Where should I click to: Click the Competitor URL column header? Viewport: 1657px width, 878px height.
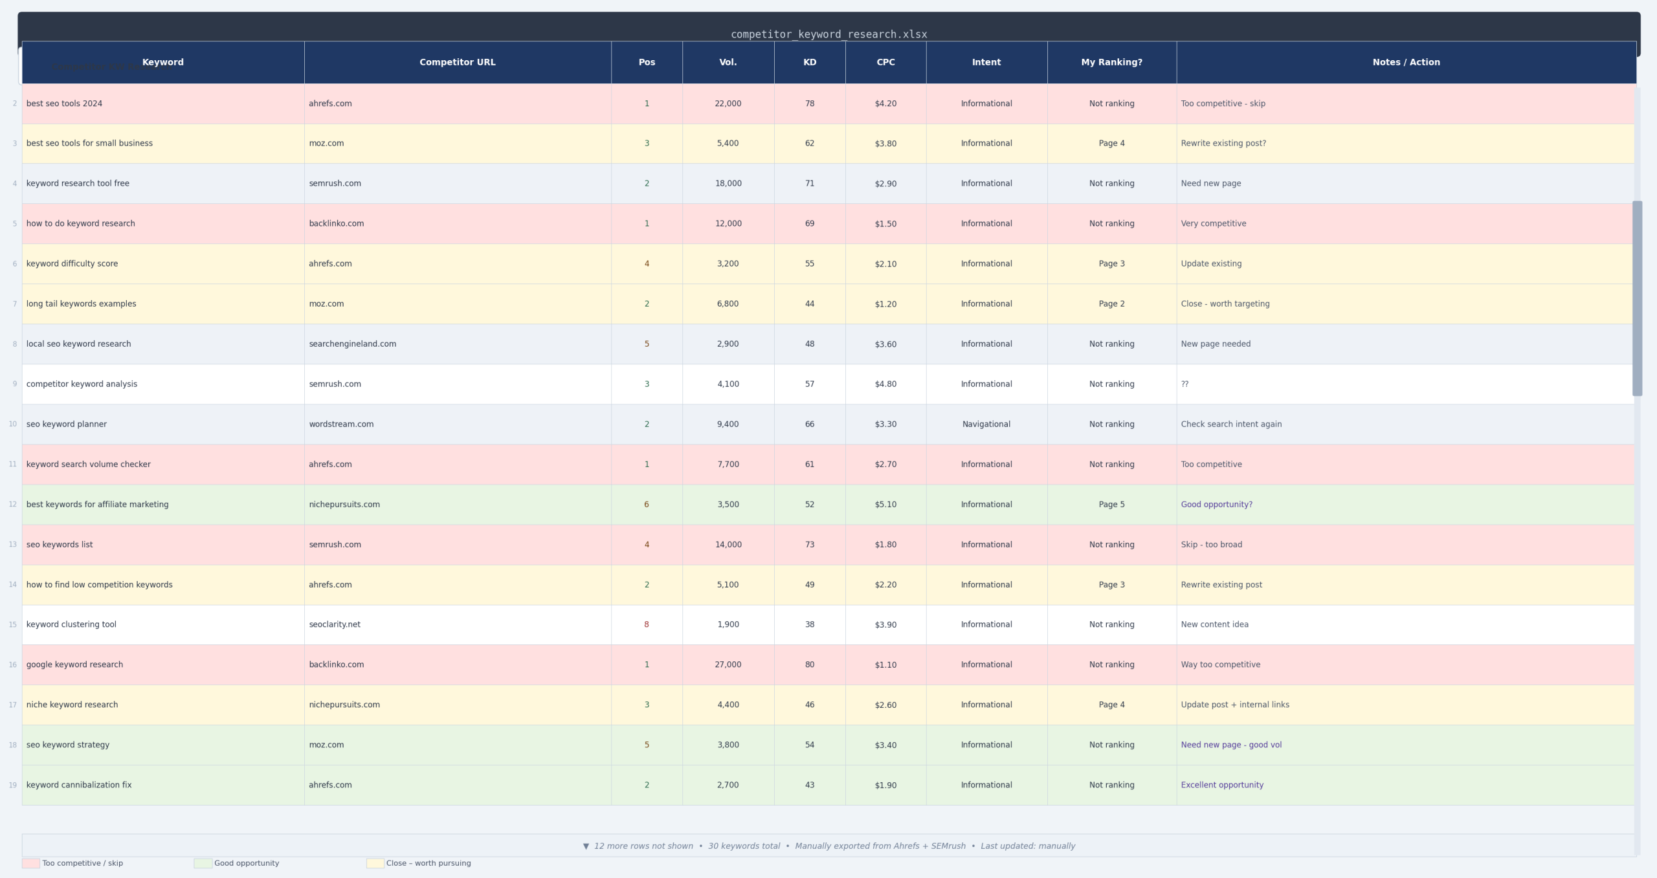(457, 62)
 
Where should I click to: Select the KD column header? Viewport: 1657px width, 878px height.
(809, 62)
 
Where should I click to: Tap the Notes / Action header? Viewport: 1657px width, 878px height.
(1406, 62)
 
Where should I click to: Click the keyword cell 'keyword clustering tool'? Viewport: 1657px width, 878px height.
(71, 624)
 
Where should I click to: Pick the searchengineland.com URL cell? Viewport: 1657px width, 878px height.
(352, 344)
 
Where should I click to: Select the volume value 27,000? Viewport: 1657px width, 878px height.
(728, 664)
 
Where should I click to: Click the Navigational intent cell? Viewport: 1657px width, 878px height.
(986, 424)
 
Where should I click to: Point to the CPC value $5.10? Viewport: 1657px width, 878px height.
(885, 504)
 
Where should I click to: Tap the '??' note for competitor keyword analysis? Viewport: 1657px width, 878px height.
(1184, 384)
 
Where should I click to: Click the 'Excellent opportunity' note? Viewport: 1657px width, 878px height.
(1222, 785)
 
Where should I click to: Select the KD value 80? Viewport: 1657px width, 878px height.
(809, 664)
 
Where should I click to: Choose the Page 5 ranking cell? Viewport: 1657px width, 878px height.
(1111, 504)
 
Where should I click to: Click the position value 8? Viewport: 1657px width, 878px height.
(646, 624)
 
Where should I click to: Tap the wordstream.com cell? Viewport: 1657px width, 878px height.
(341, 424)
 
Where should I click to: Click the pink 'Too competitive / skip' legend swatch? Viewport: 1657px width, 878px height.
(30, 863)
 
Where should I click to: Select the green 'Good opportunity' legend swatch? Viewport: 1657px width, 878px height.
(203, 863)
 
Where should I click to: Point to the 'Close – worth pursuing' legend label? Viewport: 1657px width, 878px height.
(428, 863)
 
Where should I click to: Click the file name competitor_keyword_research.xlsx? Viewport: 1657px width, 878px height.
(828, 34)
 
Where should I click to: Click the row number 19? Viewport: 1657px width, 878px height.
(12, 785)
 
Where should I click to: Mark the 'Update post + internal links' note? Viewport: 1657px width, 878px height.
(1234, 705)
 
